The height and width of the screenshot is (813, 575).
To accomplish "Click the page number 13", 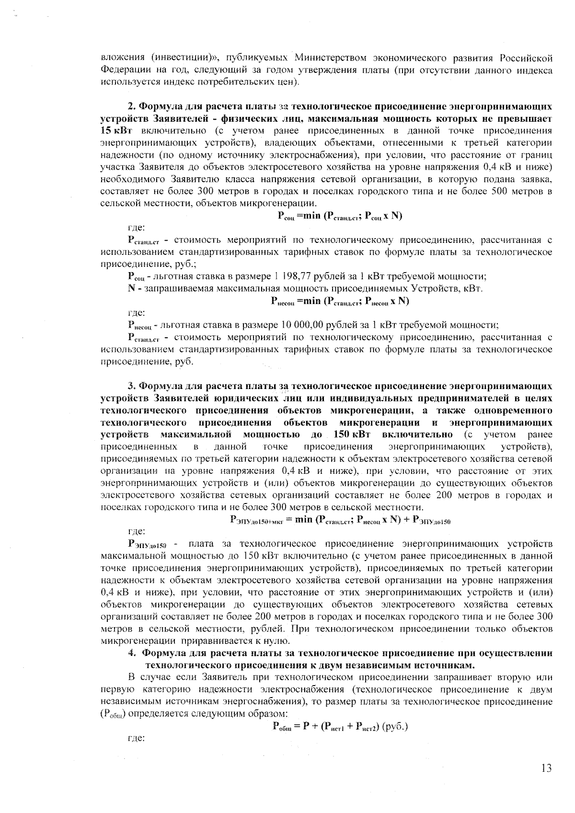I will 546,768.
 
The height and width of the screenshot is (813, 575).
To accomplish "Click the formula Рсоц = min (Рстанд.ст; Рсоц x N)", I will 339,216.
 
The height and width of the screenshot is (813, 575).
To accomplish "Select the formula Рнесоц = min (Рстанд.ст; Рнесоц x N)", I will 339,301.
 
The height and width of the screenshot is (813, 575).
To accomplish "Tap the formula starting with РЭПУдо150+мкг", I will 341,519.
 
